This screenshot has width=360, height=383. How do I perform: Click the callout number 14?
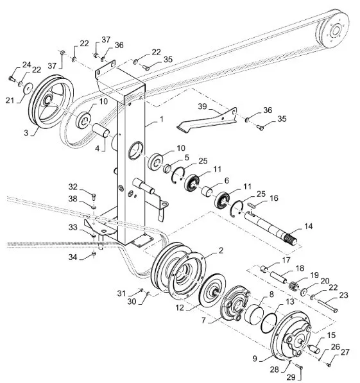(308, 226)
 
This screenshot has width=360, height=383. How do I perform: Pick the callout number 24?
(27, 65)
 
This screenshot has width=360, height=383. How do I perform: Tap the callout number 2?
(221, 250)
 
